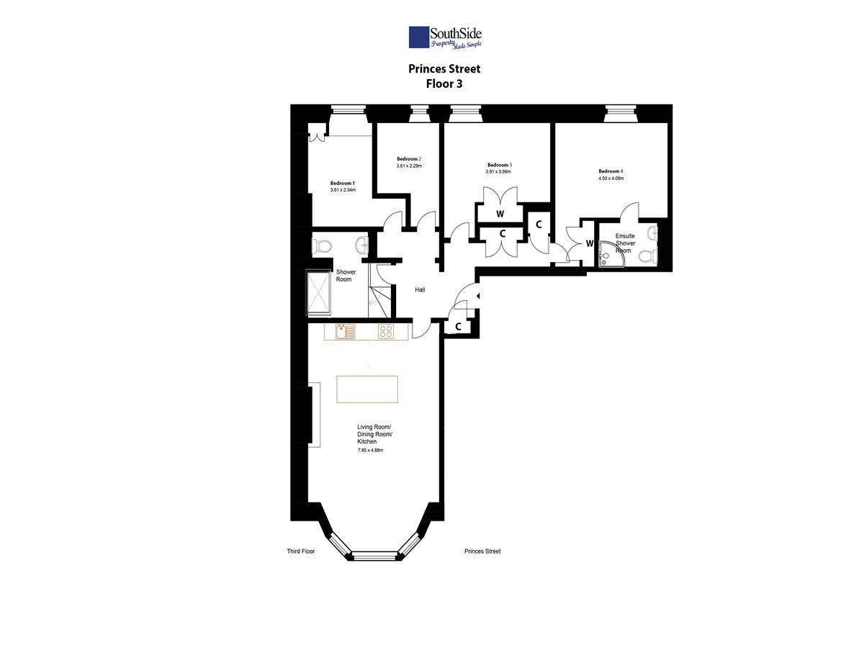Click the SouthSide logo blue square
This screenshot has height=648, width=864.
tap(419, 37)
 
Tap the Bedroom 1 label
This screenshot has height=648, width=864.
tap(343, 184)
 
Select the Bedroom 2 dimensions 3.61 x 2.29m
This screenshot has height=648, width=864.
tap(409, 166)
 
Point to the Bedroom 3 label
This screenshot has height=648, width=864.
tap(500, 165)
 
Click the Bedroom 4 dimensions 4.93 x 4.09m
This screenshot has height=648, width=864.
tap(611, 179)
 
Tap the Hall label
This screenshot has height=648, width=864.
tap(420, 290)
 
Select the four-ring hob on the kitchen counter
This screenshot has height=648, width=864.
tap(385, 331)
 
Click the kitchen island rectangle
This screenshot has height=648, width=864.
tap(367, 389)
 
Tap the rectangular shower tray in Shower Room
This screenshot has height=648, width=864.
tap(318, 292)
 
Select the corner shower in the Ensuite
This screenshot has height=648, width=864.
tap(610, 254)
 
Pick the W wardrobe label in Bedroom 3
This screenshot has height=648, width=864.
tap(500, 214)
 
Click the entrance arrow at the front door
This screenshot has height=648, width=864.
tap(478, 295)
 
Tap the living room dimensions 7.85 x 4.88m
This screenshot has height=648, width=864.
tap(370, 450)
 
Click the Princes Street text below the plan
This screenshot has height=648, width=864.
tap(482, 552)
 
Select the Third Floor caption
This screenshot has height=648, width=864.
tap(301, 552)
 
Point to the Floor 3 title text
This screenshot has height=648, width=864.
tap(444, 84)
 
